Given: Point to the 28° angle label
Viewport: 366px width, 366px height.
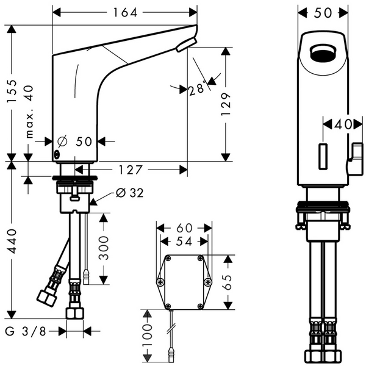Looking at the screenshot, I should pos(197,89).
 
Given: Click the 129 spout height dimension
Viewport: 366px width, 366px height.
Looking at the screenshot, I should pos(226,105).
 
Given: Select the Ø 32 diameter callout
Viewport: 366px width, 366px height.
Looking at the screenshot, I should pos(129,193).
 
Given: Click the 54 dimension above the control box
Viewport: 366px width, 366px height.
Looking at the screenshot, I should pos(184,242).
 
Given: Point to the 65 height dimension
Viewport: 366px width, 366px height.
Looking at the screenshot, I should pos(228,281).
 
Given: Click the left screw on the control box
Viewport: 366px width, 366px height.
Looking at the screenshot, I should pos(160,282).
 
